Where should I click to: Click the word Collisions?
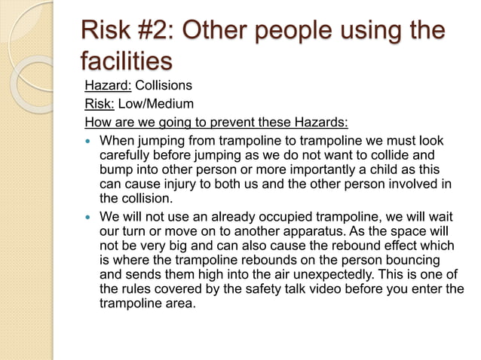coord(163,85)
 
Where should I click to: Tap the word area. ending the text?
coord(178,304)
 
